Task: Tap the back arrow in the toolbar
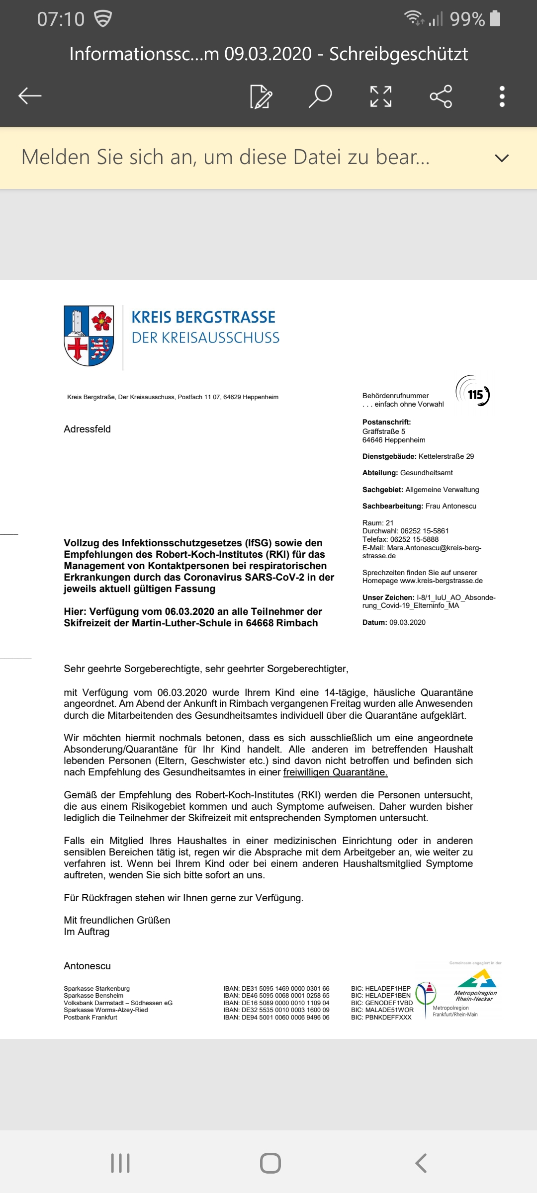30,96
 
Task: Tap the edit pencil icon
261,96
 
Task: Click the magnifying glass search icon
320,96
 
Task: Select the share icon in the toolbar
441,96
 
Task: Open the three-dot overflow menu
502,96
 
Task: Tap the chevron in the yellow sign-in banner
502,158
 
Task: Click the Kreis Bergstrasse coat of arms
89,336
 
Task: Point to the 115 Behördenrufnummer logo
473,391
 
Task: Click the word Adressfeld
87,429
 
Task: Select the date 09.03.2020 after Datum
407,622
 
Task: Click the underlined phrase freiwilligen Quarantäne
335,772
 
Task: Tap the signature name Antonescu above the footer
87,966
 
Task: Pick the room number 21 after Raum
389,523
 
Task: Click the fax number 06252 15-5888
414,539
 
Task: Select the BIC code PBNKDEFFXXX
388,1018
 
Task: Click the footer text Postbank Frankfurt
90,1018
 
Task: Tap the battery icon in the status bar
495,18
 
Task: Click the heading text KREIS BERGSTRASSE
203,317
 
